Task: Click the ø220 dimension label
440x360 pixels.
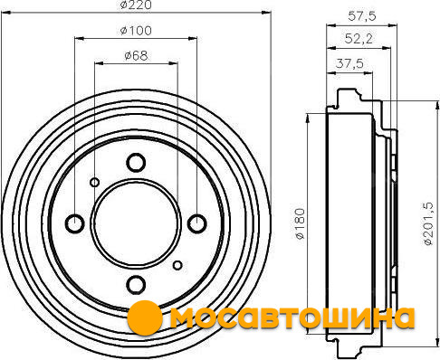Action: [x=136, y=5]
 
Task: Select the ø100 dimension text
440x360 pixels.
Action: [x=136, y=31]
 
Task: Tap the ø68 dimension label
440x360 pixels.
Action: [x=136, y=56]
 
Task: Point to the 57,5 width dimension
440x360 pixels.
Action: [x=362, y=16]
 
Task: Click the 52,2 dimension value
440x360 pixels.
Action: [x=359, y=38]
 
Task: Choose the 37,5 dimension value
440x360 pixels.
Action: [x=349, y=63]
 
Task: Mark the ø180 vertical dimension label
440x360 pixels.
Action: [x=301, y=223]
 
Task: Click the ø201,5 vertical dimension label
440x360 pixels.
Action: [x=428, y=223]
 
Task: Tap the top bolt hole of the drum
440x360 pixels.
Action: [x=136, y=162]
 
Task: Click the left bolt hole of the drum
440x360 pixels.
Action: [x=75, y=223]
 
